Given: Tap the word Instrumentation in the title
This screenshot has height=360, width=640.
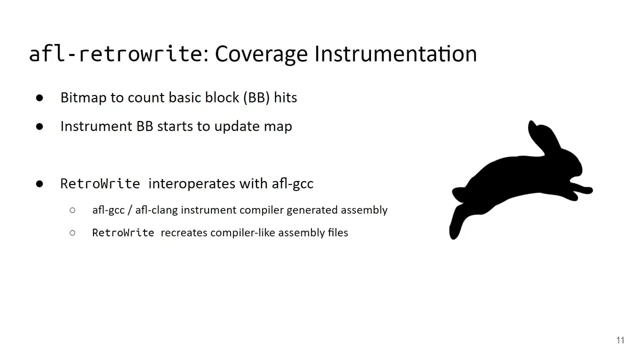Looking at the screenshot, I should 395,54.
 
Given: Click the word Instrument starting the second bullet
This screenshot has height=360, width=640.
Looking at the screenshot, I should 96,126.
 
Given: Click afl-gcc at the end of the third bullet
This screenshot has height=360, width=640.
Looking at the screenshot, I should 292,183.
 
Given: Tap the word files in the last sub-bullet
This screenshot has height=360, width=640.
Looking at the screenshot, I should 337,232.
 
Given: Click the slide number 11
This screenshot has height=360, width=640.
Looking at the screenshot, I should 620,340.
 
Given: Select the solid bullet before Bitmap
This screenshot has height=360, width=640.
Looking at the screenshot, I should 40,98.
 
